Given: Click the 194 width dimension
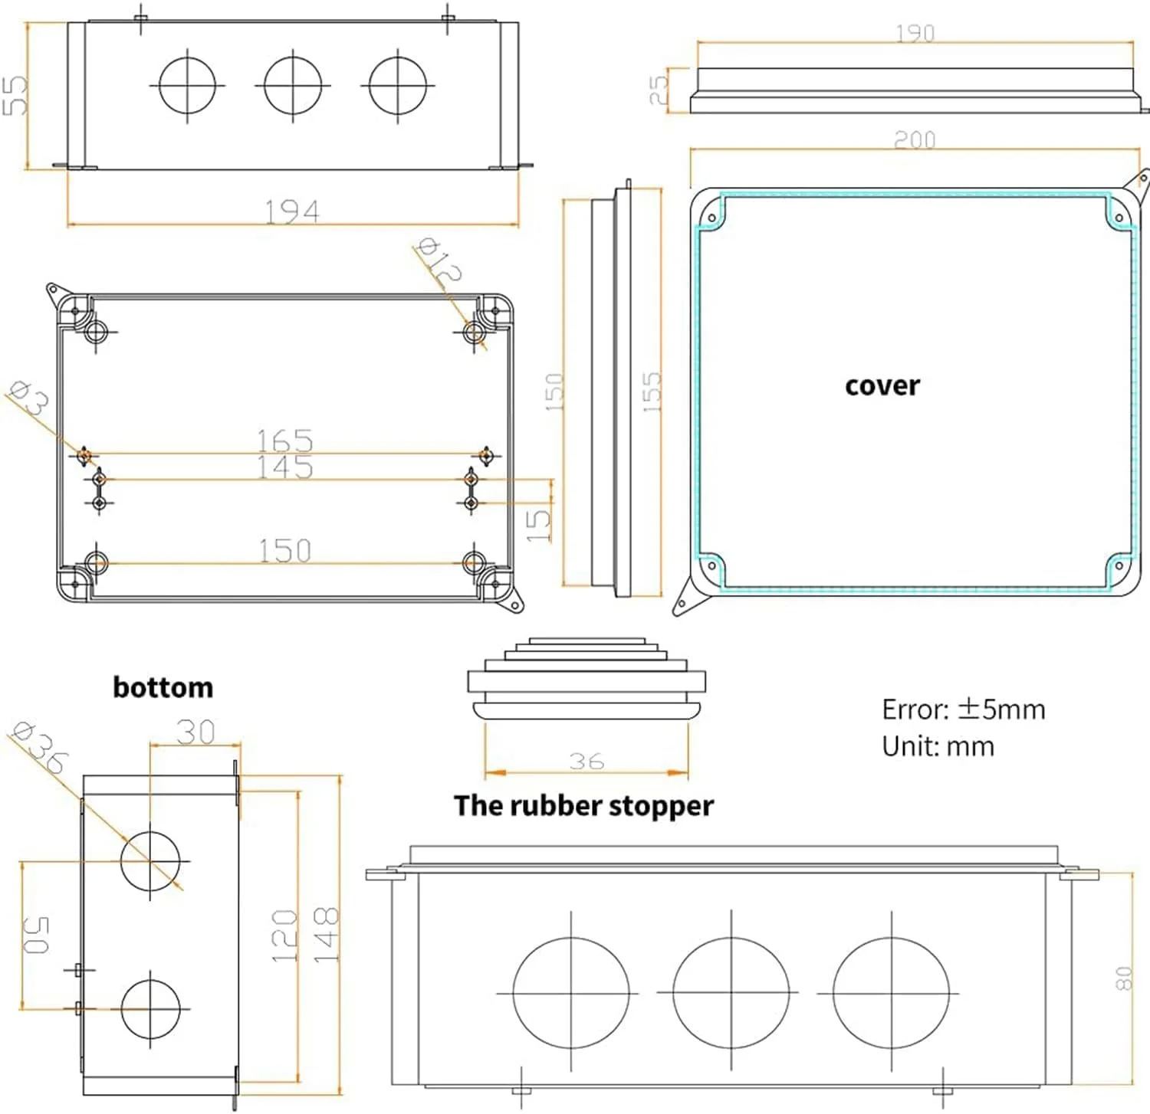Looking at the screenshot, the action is [x=291, y=211].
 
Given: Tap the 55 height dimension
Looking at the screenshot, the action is [x=15, y=95].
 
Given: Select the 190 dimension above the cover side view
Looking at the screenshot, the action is [x=915, y=33].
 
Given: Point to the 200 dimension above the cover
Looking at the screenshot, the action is [x=915, y=139].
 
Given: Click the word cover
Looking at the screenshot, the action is [x=882, y=385].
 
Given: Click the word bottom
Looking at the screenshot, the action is [x=163, y=687].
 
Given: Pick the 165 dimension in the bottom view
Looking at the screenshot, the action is [x=284, y=441].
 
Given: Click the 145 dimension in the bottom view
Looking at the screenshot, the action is [x=284, y=467].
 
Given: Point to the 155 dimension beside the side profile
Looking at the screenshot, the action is [x=650, y=392].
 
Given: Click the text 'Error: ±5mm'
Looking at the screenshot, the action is [x=963, y=709].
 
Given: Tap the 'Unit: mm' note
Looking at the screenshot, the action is [x=938, y=745].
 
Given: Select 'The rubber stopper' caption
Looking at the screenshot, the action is [x=583, y=805].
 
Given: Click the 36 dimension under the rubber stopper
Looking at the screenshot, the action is [x=586, y=761].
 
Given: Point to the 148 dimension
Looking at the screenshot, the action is [x=326, y=934].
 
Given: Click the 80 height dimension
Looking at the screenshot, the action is [x=1123, y=978].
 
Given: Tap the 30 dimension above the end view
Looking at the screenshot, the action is [x=195, y=732].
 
